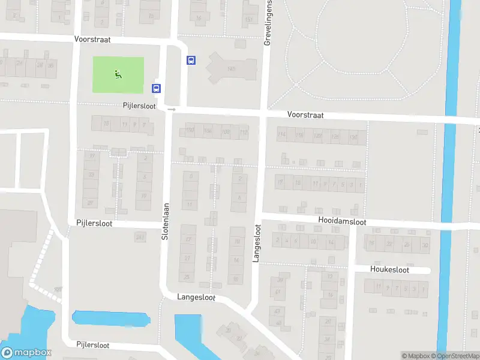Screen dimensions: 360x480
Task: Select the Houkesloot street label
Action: point(389,270)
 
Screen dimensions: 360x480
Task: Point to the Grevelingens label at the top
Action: point(268,23)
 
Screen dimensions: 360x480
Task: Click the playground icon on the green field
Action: point(118,74)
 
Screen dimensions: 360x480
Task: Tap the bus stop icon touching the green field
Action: point(156,88)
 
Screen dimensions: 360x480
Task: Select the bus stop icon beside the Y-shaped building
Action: point(191,60)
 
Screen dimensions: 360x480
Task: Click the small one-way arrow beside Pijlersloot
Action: point(172,110)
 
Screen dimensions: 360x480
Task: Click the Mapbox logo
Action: point(26,353)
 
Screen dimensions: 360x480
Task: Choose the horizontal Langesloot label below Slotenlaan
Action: point(196,297)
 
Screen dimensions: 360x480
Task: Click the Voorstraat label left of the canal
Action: point(305,114)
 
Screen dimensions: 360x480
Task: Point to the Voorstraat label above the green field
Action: point(93,39)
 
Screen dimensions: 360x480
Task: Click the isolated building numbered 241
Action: point(140,238)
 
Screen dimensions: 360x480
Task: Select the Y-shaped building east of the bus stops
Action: point(230,69)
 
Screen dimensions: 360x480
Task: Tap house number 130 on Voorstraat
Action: point(354,137)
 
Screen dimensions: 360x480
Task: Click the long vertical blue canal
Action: point(448,180)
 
